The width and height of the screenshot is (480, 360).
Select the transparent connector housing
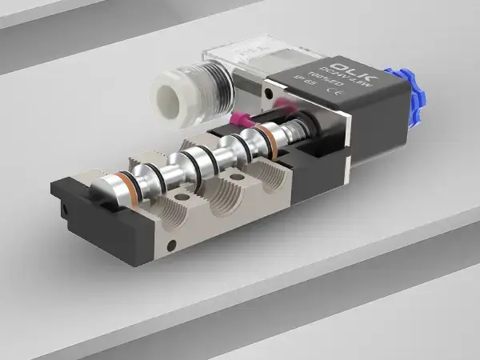point(240,64)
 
